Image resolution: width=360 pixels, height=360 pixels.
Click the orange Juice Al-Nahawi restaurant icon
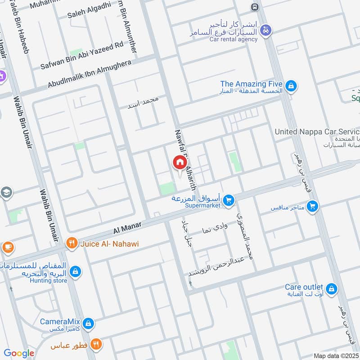(x=72, y=244)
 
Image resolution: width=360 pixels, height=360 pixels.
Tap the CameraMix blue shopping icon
(x=89, y=323)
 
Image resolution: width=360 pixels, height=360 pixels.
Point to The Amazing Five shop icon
(x=291, y=85)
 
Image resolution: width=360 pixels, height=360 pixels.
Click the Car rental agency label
(x=234, y=39)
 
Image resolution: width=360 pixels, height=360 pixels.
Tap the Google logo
(x=19, y=353)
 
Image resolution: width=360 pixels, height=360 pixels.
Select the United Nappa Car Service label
(x=317, y=131)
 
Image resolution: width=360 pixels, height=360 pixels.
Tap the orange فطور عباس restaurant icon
(x=96, y=345)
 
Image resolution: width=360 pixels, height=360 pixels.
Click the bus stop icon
(x=255, y=7)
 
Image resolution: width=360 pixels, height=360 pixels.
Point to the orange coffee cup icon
(x=7, y=247)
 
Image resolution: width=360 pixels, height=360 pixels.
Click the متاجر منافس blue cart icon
(x=312, y=207)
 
